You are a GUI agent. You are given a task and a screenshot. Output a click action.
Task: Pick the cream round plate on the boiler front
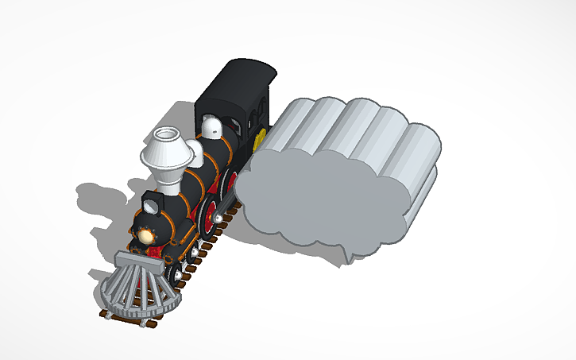point(146,234)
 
